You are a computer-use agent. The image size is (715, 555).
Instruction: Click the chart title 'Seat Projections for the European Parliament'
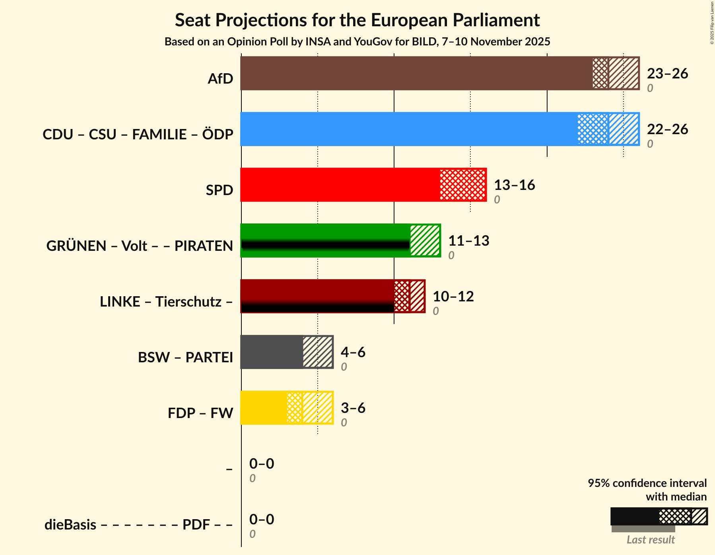coord(357,20)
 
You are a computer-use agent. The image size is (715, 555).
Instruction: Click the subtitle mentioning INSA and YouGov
coord(357,42)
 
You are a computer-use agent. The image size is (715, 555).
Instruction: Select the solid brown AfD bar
coord(416,73)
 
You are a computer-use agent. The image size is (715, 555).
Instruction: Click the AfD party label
coord(220,79)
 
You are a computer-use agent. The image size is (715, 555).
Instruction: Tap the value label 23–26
coord(667,74)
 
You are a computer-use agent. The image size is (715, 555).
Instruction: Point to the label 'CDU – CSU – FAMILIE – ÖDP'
coord(138,135)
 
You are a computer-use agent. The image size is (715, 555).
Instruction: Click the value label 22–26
coord(667,129)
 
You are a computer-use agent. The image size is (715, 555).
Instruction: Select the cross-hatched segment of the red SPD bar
coord(463,185)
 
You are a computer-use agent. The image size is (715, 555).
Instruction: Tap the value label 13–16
coord(514,185)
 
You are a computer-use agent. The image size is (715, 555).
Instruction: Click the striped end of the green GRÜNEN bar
coord(425,240)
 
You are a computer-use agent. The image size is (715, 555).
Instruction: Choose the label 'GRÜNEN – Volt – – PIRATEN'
coord(140,246)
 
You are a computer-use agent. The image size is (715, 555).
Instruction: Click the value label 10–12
coord(453,297)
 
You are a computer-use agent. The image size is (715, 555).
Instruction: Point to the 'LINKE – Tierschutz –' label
coord(166,302)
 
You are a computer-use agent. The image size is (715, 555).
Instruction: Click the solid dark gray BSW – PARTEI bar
coord(272,352)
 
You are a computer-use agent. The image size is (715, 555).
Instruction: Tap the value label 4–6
coord(353,352)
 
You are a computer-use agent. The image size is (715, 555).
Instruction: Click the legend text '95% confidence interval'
coord(647,483)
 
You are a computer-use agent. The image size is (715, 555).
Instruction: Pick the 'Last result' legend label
coord(651,540)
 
